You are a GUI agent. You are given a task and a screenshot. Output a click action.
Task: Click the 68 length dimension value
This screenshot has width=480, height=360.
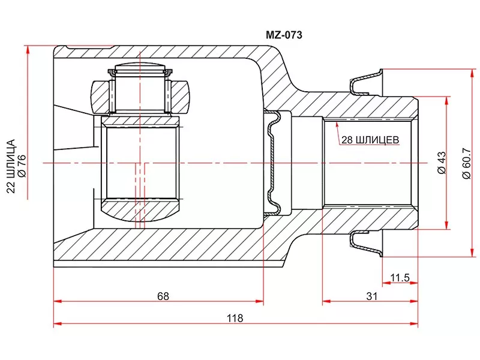[163, 296]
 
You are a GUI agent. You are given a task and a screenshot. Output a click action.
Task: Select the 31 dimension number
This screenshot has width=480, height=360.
[371, 296]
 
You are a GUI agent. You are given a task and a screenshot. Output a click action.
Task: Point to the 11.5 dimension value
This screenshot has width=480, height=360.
[400, 278]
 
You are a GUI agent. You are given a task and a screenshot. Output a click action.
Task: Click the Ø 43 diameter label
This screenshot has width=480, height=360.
[441, 162]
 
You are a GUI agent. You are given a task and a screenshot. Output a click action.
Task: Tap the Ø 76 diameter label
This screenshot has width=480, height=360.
[22, 165]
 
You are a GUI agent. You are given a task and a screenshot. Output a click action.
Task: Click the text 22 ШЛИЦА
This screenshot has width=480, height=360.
[10, 165]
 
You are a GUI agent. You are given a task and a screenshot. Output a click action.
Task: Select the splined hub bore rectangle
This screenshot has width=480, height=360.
[142, 162]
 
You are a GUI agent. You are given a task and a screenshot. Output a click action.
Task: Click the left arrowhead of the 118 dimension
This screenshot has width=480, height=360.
[58, 324]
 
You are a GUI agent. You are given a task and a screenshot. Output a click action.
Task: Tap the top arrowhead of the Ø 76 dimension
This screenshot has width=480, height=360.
[28, 49]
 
